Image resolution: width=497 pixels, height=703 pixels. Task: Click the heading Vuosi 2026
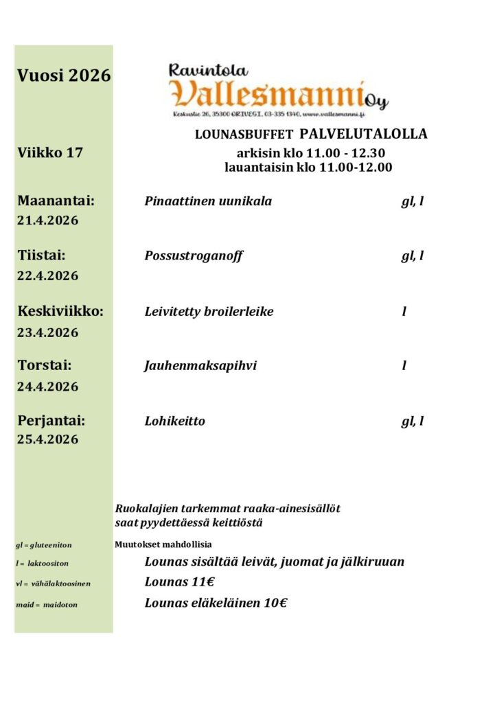tap(64, 76)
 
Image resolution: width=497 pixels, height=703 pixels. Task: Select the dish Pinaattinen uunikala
tap(208, 202)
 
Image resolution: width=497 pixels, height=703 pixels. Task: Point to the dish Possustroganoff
tap(194, 256)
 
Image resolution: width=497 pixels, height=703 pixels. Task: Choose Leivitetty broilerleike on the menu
tap(209, 312)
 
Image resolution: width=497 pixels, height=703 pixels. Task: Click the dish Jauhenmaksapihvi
tap(200, 366)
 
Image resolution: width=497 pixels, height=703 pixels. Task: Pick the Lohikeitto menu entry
tap(174, 421)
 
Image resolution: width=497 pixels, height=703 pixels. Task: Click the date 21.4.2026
tap(47, 221)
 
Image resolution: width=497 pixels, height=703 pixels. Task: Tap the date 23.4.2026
tap(47, 332)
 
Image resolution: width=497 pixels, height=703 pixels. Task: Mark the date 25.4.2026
tap(47, 439)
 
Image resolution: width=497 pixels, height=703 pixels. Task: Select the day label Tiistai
tap(41, 256)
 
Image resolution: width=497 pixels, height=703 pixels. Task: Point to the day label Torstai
tap(45, 365)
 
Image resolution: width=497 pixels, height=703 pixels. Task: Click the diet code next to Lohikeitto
tap(412, 421)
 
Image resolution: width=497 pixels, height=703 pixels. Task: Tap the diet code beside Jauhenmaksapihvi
tap(404, 366)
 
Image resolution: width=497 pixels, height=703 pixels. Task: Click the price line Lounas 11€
tap(180, 583)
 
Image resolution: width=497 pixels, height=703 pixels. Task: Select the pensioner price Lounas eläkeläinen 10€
tap(216, 604)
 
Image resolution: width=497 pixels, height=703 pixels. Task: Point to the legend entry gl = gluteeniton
tap(44, 545)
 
